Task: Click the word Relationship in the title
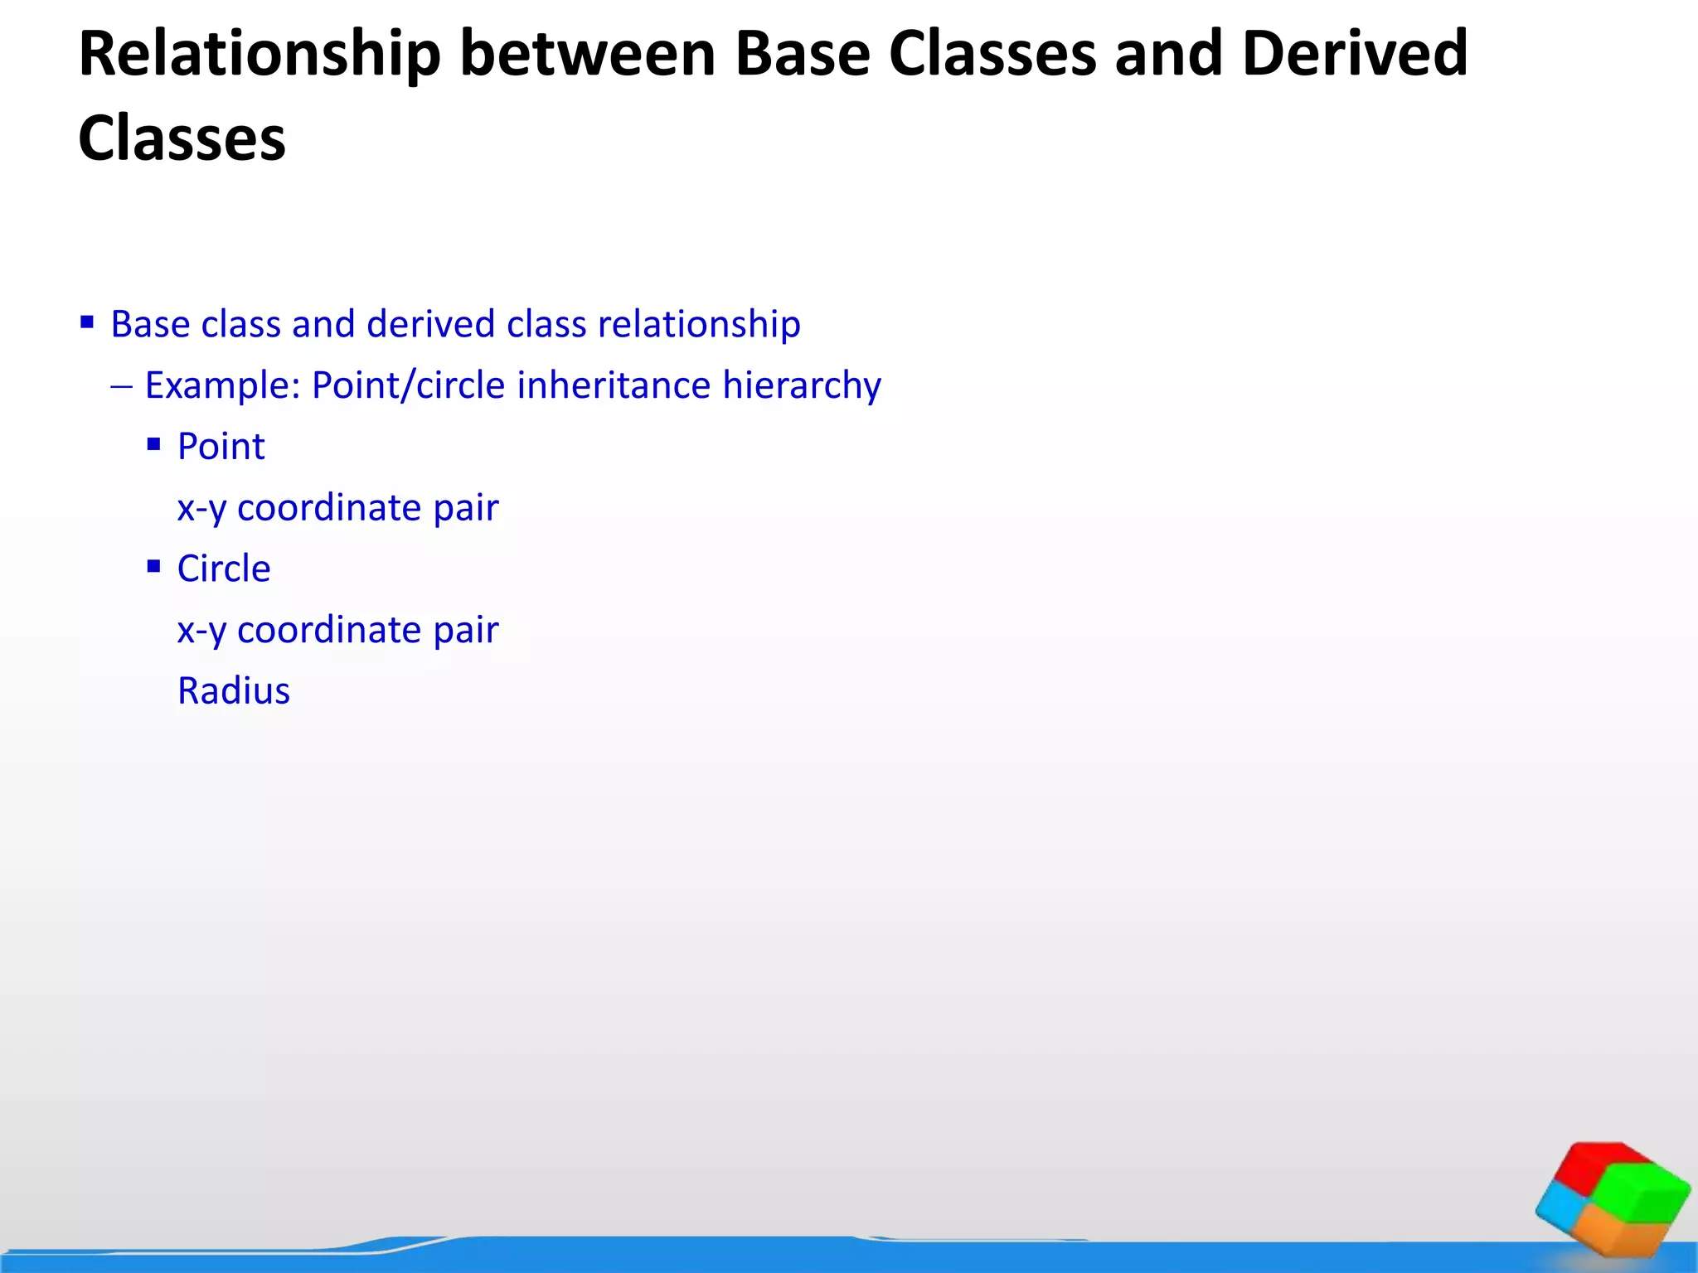coord(259,55)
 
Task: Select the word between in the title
coord(587,55)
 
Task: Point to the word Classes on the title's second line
coord(182,138)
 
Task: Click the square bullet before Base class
coord(87,322)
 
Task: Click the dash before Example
coord(121,386)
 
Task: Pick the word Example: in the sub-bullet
coord(221,386)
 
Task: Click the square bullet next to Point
coord(153,444)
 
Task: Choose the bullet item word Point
coord(221,447)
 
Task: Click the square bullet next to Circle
coord(153,567)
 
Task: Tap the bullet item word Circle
coord(224,569)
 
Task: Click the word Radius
coord(234,691)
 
